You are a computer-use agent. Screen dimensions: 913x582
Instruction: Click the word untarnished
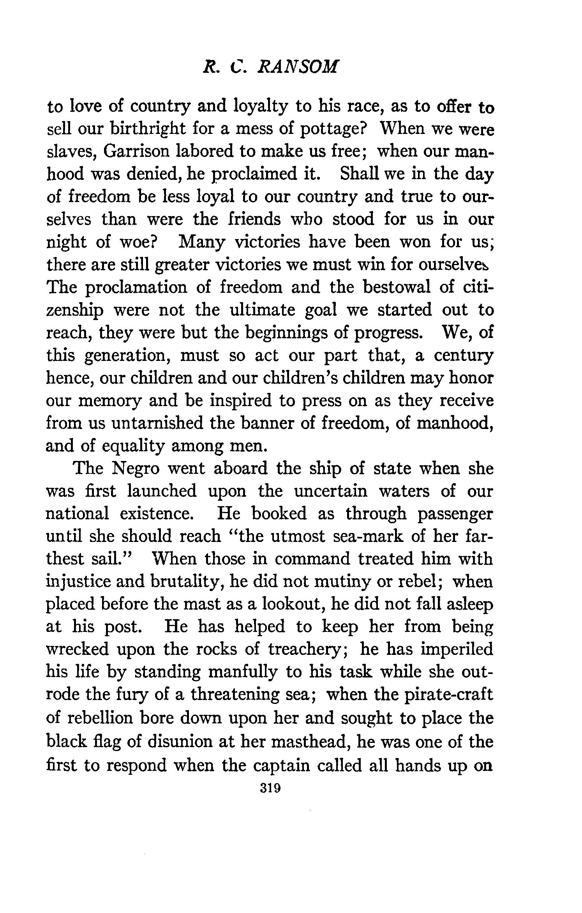(x=157, y=423)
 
